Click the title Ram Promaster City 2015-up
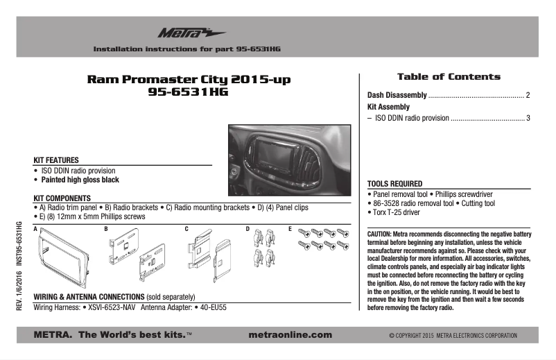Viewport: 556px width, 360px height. (189, 79)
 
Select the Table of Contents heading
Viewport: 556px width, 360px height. (448, 76)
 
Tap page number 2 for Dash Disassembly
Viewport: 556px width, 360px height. (528, 95)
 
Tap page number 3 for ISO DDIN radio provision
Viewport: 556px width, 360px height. (528, 119)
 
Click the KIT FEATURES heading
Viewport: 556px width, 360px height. (56, 160)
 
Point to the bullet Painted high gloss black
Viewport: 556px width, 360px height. (80, 180)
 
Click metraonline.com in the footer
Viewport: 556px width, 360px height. (289, 335)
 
